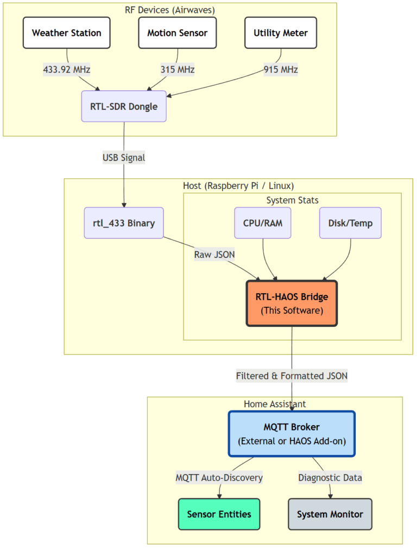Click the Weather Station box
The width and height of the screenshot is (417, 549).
(66, 33)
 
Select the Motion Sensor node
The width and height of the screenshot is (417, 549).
(177, 33)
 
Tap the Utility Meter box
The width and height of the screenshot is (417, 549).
(280, 33)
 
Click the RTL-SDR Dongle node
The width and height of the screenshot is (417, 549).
(124, 106)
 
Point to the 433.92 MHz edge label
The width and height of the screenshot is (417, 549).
(66, 70)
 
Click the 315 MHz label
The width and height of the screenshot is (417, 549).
(177, 70)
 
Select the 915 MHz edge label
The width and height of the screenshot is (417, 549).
(281, 70)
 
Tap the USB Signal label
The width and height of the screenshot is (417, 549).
(124, 158)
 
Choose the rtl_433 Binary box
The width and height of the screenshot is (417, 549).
(124, 223)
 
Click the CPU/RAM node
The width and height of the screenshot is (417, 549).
(262, 223)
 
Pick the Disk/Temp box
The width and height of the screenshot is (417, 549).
(350, 223)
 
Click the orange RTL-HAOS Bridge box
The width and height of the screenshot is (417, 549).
(292, 304)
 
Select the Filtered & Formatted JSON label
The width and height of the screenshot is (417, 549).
(292, 376)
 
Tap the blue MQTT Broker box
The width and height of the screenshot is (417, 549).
(292, 434)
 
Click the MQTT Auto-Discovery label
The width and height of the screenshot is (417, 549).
(219, 478)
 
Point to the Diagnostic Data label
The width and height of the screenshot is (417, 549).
(330, 478)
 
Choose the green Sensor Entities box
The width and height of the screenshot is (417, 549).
(219, 514)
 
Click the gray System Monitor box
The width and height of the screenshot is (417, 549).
(330, 514)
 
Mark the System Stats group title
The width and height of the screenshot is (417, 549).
(292, 200)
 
